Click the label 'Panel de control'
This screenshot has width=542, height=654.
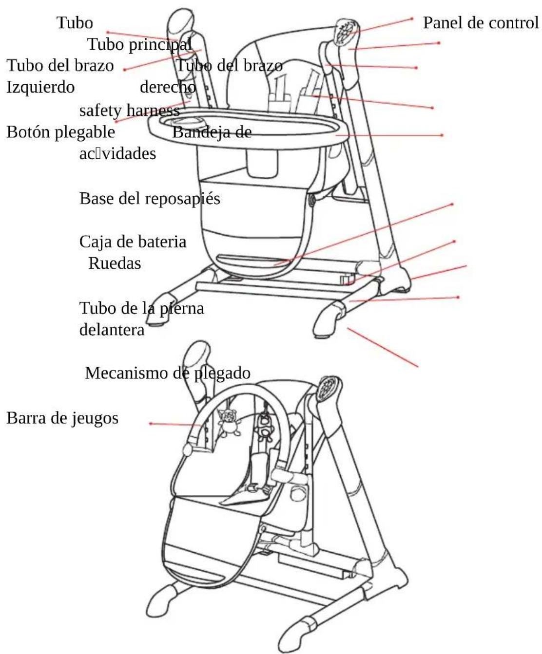pyautogui.click(x=481, y=23)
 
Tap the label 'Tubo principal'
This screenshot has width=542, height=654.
pyautogui.click(x=139, y=44)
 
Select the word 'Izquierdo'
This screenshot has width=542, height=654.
pyautogui.click(x=41, y=87)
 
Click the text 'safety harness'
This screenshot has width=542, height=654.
pyautogui.click(x=130, y=111)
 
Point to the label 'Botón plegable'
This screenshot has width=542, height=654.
pyautogui.click(x=61, y=132)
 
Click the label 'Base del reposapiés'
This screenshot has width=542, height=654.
pyautogui.click(x=150, y=198)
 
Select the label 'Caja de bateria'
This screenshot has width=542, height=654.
pyautogui.click(x=133, y=242)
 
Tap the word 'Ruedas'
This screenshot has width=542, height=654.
pyautogui.click(x=115, y=263)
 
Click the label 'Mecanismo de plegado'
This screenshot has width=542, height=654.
pyautogui.click(x=168, y=373)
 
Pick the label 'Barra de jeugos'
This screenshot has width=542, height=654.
pyautogui.click(x=62, y=418)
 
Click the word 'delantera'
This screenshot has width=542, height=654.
pyautogui.click(x=112, y=330)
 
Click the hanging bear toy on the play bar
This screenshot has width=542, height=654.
pyautogui.click(x=228, y=421)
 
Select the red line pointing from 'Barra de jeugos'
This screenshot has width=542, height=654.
pyautogui.click(x=175, y=424)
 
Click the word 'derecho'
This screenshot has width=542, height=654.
pyautogui.click(x=168, y=87)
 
